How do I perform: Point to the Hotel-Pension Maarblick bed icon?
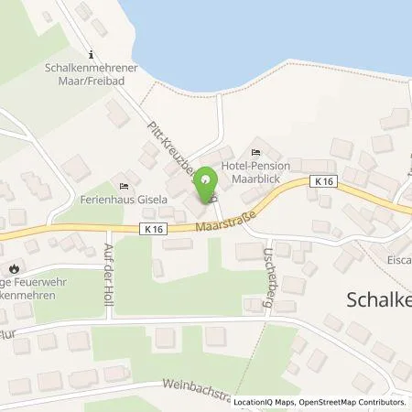255,153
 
